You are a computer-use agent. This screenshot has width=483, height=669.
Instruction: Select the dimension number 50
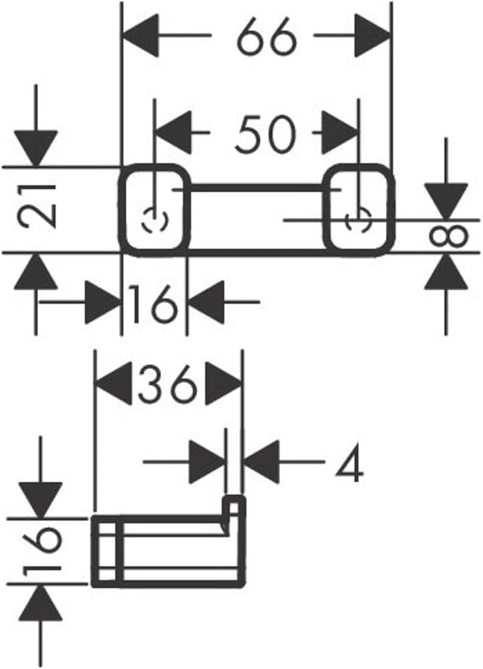click(x=265, y=133)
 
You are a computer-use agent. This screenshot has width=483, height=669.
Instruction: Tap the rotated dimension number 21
click(x=38, y=206)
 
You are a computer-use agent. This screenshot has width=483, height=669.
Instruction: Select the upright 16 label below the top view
click(x=153, y=304)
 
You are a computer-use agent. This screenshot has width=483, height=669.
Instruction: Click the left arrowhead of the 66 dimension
click(x=141, y=36)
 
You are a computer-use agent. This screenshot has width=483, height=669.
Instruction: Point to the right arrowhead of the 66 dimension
click(x=372, y=36)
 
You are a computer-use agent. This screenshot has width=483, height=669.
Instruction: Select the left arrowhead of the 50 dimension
click(x=173, y=132)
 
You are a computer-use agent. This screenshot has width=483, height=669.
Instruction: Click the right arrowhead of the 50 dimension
click(x=340, y=132)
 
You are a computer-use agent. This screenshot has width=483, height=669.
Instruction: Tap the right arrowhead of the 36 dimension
click(x=224, y=383)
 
